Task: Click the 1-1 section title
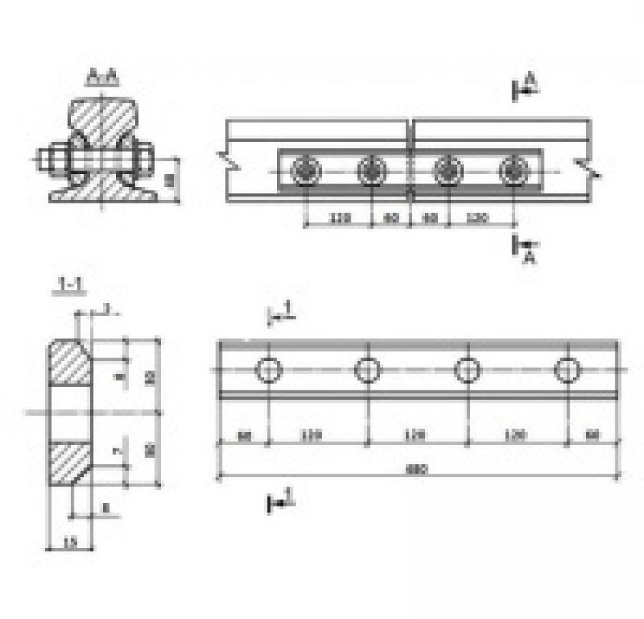72,287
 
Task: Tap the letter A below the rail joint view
530,257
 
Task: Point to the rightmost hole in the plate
567,370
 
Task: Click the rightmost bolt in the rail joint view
513,171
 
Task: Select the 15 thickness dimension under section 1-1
69,542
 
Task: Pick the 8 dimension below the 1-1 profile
104,508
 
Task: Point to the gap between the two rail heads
413,131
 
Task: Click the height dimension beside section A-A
170,181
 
